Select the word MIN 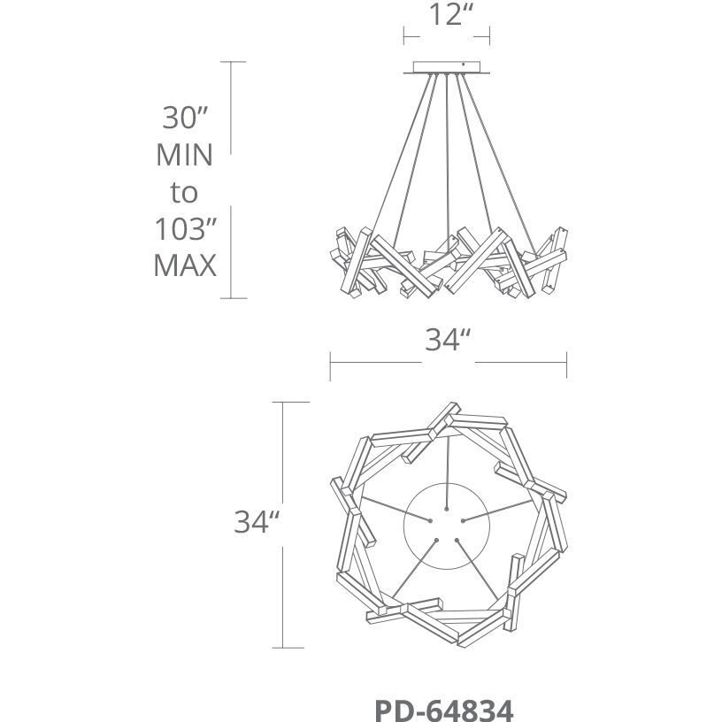(184, 155)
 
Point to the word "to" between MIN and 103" (184, 192)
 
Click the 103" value (184, 229)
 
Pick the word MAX (184, 265)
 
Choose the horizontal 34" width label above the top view (446, 341)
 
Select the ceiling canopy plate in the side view (449, 67)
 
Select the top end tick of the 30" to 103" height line (232, 62)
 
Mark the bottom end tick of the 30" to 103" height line (232, 298)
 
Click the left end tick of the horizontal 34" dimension (330, 362)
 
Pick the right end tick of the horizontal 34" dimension (566, 362)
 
